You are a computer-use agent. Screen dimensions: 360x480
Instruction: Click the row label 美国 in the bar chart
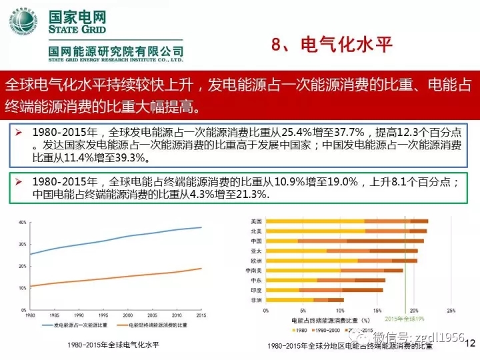point(256,221)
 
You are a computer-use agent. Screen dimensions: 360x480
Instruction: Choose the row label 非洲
point(256,301)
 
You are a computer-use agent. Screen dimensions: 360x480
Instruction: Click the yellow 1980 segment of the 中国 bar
point(280,241)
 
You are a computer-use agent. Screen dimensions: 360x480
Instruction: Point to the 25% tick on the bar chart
point(451,311)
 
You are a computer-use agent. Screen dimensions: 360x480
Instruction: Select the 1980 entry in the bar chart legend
point(301,330)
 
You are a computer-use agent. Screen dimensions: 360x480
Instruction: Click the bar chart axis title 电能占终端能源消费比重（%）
point(340,320)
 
